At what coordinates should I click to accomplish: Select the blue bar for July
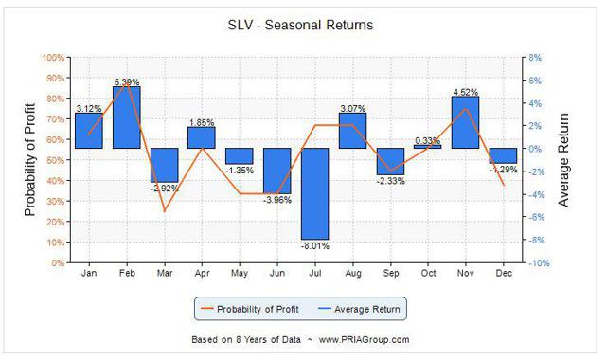tap(315, 193)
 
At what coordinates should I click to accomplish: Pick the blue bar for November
tap(464, 122)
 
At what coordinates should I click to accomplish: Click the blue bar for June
tap(277, 171)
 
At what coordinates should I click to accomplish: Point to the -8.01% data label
tap(315, 245)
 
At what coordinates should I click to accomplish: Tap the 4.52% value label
tap(464, 91)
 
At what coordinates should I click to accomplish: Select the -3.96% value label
tap(277, 200)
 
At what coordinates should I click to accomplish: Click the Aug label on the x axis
tap(352, 275)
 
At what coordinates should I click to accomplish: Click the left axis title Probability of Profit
tap(29, 160)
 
